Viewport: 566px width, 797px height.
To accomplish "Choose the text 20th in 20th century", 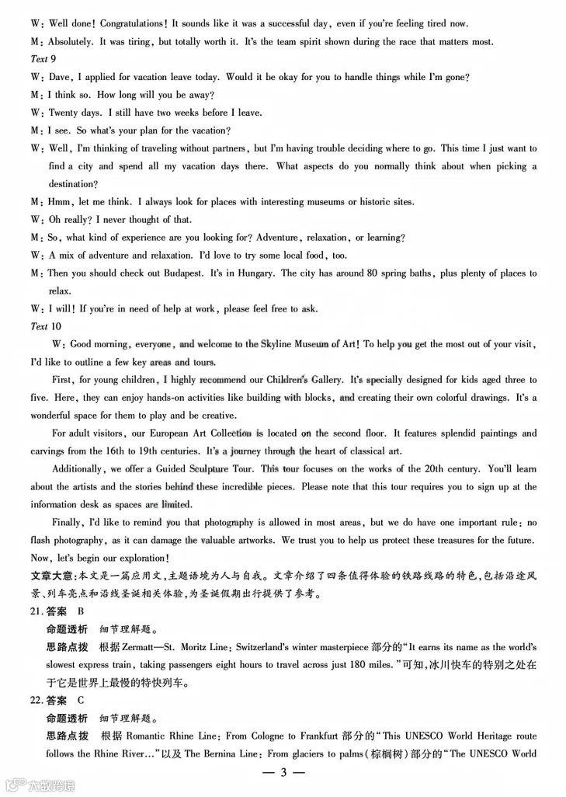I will [438, 469].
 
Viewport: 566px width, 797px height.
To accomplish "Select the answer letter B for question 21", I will [82, 611].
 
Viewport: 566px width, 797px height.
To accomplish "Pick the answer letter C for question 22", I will [82, 700].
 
